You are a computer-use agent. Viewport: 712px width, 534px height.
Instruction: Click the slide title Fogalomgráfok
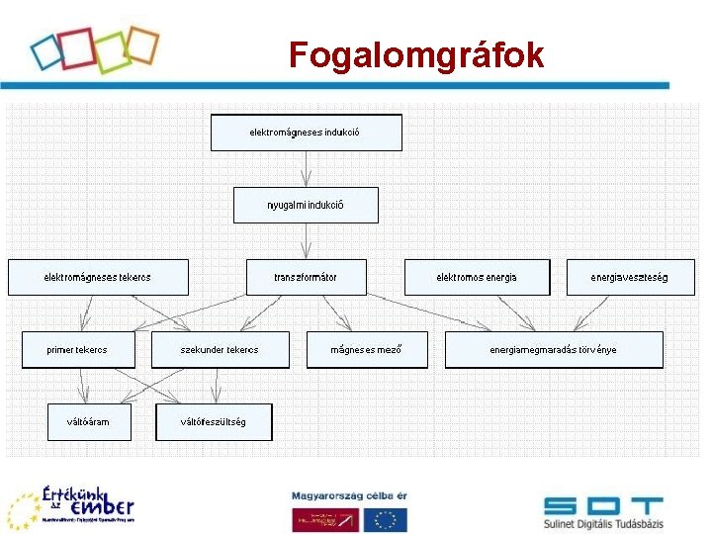pos(416,55)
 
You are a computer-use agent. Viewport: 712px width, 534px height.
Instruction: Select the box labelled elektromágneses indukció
pos(306,133)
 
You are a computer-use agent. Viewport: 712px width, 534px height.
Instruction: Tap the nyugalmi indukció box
pos(306,205)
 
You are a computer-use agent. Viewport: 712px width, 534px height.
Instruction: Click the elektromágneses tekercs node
pos(97,277)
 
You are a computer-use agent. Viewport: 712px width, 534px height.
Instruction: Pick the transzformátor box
pos(306,277)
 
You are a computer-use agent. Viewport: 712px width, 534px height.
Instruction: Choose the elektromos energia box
pos(477,277)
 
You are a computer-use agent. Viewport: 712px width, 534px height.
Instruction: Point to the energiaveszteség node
pos(629,277)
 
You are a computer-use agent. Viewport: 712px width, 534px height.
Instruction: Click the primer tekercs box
pos(77,350)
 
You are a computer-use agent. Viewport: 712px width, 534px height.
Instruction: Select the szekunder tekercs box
pos(220,350)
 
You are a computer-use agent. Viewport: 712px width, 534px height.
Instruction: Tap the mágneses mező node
pos(367,350)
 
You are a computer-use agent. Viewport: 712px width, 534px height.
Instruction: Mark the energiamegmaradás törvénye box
pos(554,350)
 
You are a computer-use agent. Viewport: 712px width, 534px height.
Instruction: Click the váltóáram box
pos(89,422)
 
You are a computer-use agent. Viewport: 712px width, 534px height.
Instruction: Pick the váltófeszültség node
pos(214,422)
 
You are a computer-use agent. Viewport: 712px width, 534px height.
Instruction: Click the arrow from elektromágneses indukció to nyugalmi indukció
pos(306,169)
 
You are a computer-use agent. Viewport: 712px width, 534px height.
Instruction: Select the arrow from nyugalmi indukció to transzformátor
pos(306,241)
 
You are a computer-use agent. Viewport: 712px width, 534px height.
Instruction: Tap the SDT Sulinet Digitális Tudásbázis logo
pos(603,510)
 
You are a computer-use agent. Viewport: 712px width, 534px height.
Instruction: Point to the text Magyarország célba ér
pos(348,495)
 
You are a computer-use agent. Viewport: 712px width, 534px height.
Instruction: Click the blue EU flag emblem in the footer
pos(385,519)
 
